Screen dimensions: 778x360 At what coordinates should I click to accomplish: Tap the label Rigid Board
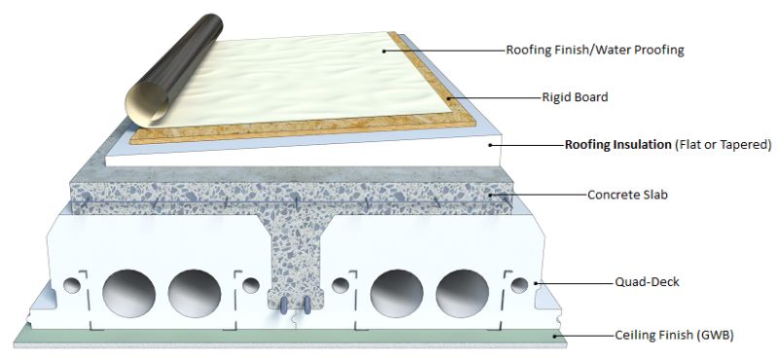tap(576, 97)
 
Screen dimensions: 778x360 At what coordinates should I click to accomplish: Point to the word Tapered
tap(741, 145)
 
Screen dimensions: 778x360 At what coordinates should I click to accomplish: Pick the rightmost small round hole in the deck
tap(519, 285)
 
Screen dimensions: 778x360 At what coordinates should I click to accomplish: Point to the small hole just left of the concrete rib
tap(251, 285)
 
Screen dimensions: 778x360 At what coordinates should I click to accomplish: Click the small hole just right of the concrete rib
tap(340, 285)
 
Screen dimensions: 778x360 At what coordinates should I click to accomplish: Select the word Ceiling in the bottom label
tap(639, 335)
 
